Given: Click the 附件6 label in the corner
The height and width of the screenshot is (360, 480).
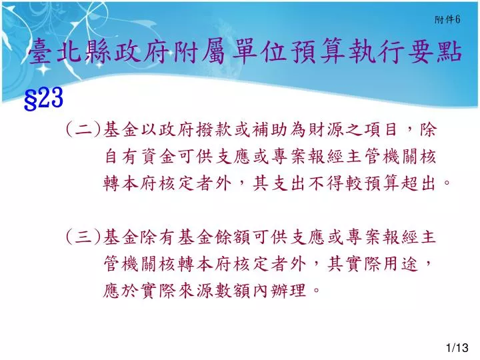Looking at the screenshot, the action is (447, 19).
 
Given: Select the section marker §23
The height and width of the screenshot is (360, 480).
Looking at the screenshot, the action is (43, 98).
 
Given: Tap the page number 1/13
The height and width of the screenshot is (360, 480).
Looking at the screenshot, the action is (457, 348).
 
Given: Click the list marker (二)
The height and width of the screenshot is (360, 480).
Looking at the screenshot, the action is (83, 130).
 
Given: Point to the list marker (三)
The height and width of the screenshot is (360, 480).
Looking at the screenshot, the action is (83, 237).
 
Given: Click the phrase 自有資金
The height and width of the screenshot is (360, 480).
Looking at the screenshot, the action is (140, 157).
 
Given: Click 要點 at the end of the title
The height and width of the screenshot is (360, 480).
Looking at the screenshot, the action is (435, 52).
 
